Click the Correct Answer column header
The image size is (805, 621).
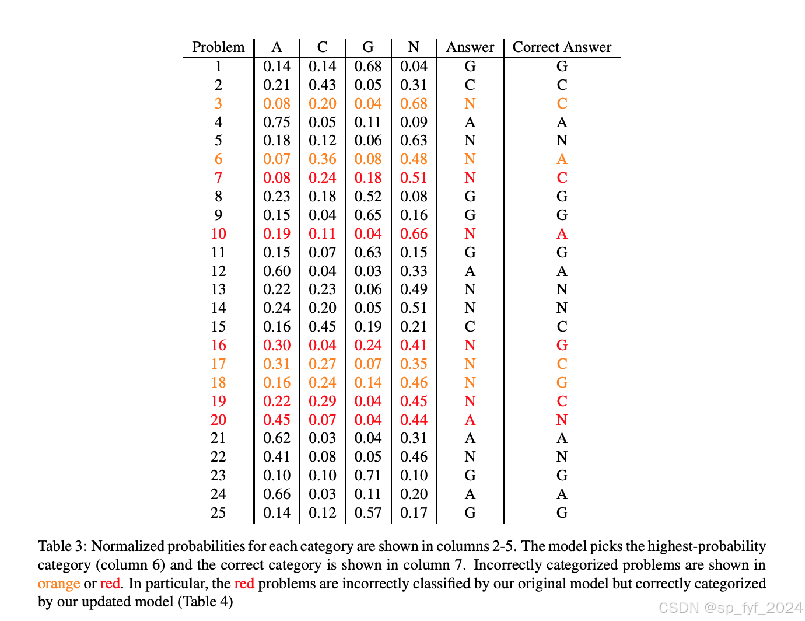(x=562, y=47)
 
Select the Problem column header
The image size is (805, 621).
(x=218, y=47)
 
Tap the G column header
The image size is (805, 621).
(x=368, y=47)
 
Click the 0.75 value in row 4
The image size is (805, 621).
(x=276, y=122)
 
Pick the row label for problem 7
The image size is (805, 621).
(x=218, y=177)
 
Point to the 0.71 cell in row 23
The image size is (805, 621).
(x=368, y=475)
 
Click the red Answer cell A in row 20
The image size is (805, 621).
(x=470, y=420)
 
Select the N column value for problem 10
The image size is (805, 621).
(x=414, y=233)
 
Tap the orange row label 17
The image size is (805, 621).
(x=218, y=364)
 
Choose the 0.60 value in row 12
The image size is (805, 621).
(x=276, y=271)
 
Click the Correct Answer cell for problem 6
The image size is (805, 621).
(x=562, y=159)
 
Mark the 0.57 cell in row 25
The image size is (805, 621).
(x=368, y=512)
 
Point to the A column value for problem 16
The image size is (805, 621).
(x=276, y=345)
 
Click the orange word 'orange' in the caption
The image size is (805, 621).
(x=59, y=584)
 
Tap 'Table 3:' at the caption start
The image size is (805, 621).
(x=62, y=546)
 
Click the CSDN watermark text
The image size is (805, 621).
(x=730, y=608)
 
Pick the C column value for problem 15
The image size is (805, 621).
(x=323, y=326)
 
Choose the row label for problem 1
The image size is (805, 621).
(x=218, y=66)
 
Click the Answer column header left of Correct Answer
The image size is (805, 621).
(x=470, y=47)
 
